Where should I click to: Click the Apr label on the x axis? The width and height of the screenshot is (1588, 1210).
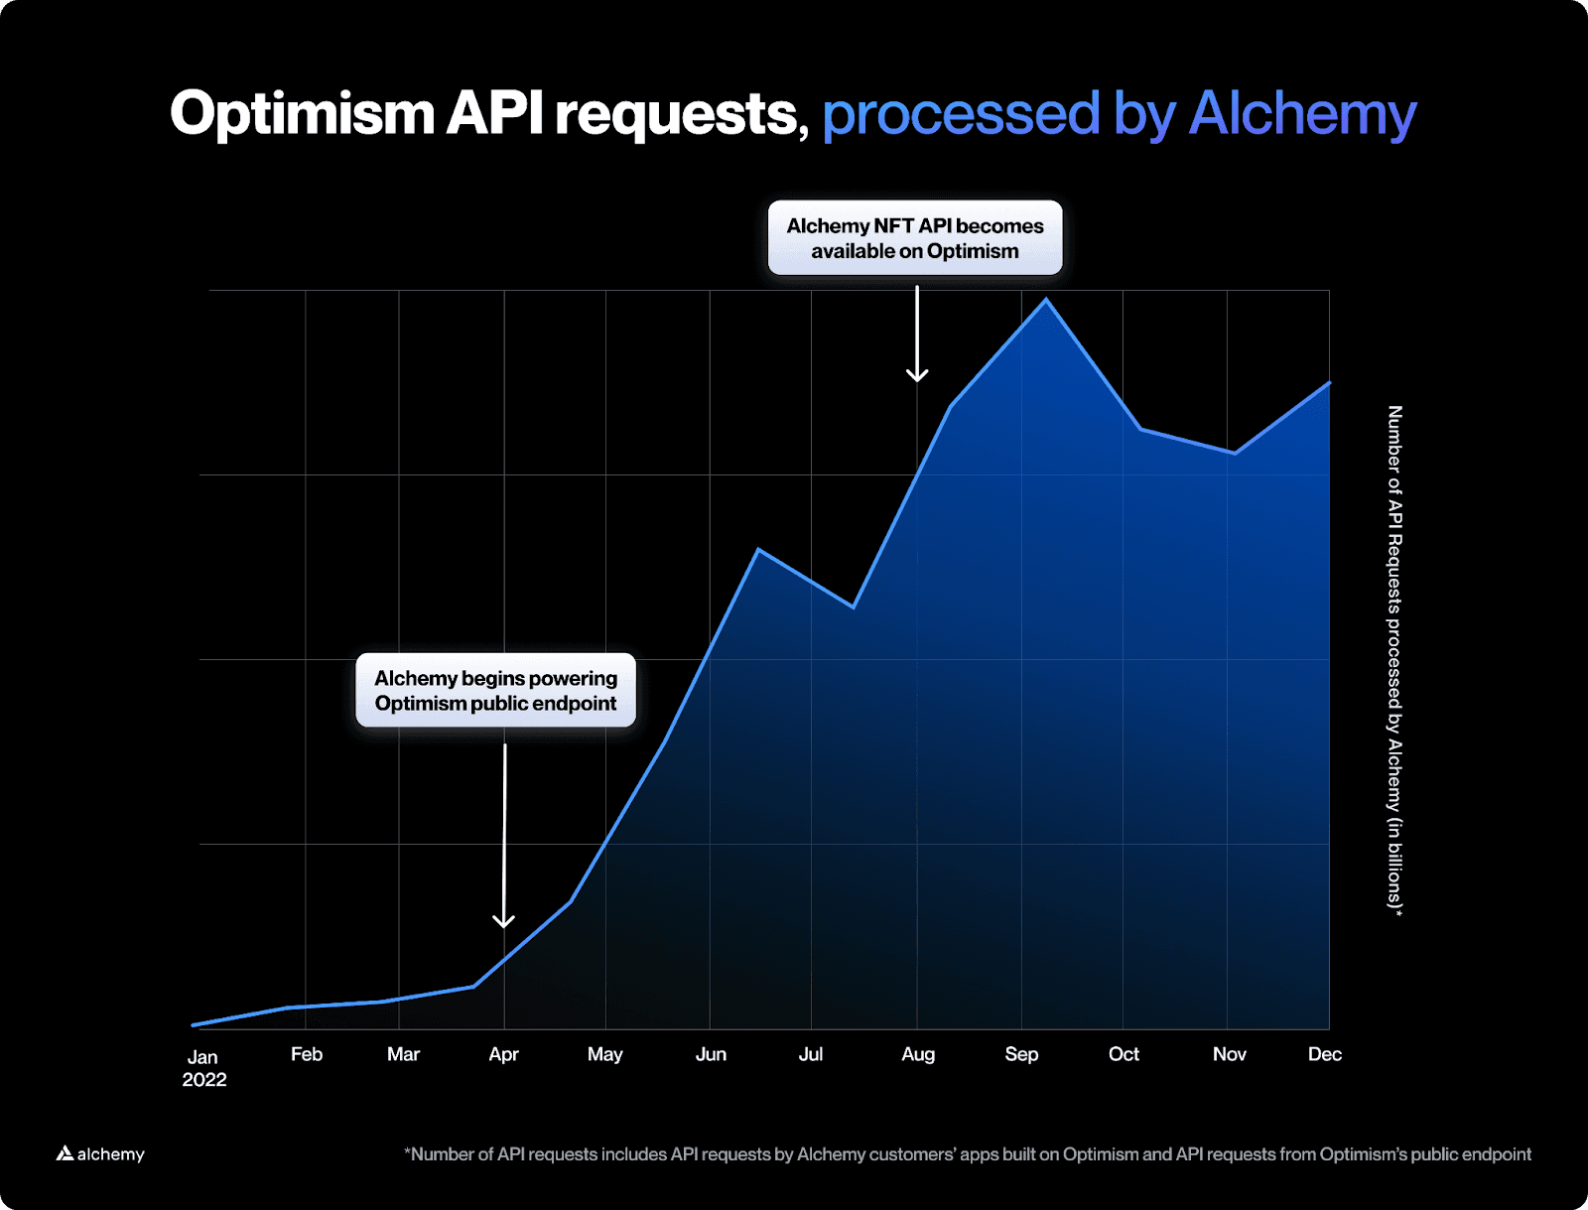(x=503, y=1054)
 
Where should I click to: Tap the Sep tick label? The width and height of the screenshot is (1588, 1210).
(x=1021, y=1054)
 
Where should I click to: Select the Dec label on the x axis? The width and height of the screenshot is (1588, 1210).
(x=1324, y=1054)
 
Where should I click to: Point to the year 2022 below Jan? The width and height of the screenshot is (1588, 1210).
(x=204, y=1080)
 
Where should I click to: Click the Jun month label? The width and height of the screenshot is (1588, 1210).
(x=711, y=1054)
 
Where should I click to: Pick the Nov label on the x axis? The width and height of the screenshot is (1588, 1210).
(x=1229, y=1054)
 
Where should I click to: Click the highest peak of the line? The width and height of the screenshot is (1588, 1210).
(x=1046, y=300)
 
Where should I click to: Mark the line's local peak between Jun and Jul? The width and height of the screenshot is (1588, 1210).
(x=758, y=550)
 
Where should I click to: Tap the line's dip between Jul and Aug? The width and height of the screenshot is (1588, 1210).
(x=854, y=606)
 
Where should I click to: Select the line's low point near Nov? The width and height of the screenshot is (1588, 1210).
(x=1235, y=454)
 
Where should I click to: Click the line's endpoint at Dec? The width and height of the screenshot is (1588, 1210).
(x=1329, y=383)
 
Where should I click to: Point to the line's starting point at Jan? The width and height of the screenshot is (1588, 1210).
(x=194, y=1025)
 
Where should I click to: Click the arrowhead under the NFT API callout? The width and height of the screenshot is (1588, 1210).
(x=917, y=376)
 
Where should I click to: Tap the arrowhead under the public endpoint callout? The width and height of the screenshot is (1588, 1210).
(x=504, y=921)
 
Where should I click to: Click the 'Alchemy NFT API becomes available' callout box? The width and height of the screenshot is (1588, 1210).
(x=915, y=238)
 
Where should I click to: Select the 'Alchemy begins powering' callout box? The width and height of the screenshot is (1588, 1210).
(x=495, y=690)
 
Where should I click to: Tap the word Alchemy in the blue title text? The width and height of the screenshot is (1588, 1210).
(x=1302, y=114)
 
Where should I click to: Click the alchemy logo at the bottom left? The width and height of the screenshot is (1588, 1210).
(x=100, y=1153)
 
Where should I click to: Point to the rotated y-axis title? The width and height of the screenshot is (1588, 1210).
(x=1394, y=660)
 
